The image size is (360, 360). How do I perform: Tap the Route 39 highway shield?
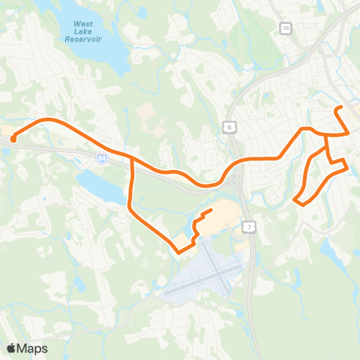286,28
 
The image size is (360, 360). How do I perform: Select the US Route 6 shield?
228,128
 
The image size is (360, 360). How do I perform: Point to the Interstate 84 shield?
101,159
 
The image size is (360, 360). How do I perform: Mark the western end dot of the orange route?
13,138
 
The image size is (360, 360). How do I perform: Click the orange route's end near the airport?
212,211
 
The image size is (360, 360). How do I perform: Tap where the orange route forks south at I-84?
131,158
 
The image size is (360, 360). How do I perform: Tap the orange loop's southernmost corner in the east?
300,203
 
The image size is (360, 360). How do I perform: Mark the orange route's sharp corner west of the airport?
178,251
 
